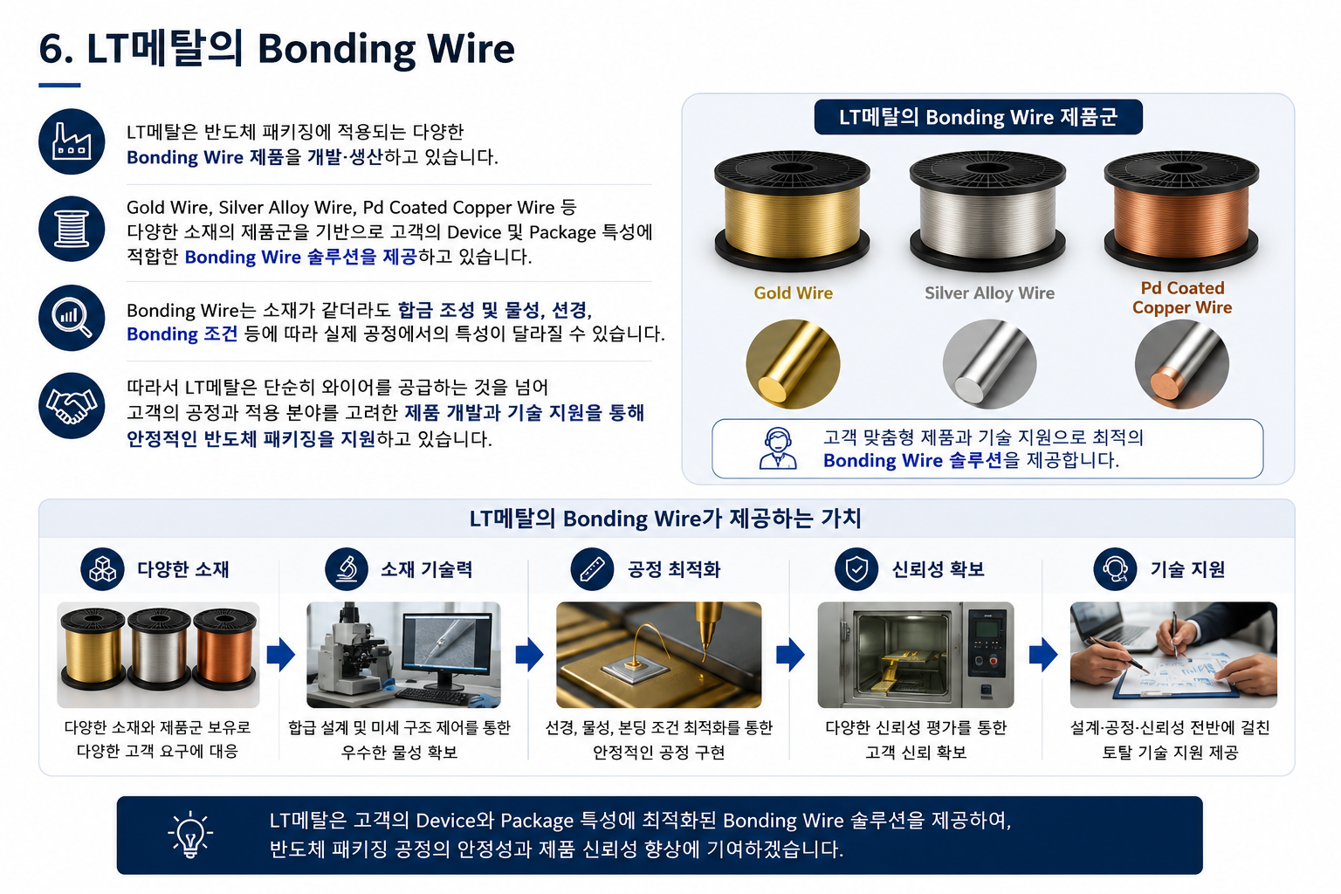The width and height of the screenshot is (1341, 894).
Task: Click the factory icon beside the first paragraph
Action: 72,141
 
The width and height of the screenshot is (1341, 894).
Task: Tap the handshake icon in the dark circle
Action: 72,406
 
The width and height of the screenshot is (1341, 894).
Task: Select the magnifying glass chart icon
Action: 72,318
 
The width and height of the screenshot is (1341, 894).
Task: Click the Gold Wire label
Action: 794,292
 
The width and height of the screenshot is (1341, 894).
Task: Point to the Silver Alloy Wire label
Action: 989,292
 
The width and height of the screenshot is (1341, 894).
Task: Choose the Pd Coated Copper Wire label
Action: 1182,298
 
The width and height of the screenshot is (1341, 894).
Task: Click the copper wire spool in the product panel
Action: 1182,210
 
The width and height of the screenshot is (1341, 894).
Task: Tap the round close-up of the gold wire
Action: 794,364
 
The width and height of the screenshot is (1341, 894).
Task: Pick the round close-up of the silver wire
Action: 989,364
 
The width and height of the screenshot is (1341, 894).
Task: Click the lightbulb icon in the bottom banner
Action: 190,834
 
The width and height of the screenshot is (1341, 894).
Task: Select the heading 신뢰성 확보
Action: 939,569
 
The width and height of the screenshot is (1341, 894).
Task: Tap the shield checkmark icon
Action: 856,569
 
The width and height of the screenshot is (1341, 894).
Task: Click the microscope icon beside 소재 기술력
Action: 347,569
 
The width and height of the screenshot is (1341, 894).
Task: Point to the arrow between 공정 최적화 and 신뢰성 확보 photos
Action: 790,655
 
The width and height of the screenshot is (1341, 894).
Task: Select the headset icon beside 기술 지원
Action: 1115,569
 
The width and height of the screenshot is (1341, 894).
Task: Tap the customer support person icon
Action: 778,448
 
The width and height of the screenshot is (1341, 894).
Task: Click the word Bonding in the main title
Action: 336,49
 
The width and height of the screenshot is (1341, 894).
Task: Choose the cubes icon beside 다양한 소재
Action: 102,569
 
